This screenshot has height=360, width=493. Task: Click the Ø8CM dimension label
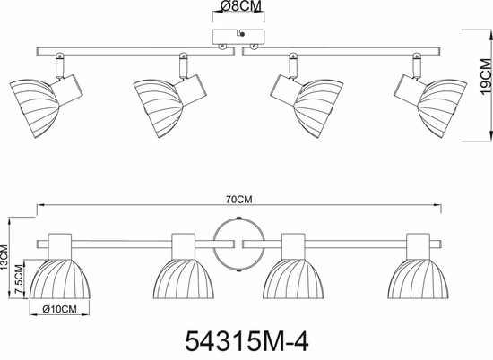tap(238, 6)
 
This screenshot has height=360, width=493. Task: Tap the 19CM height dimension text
tap(486, 76)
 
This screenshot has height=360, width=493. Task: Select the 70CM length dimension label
tap(239, 200)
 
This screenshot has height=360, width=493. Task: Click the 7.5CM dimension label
tap(20, 279)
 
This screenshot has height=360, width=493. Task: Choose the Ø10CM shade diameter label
tap(59, 309)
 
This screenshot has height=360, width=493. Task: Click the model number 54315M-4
tap(246, 342)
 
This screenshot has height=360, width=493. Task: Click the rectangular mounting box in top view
tap(238, 37)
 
